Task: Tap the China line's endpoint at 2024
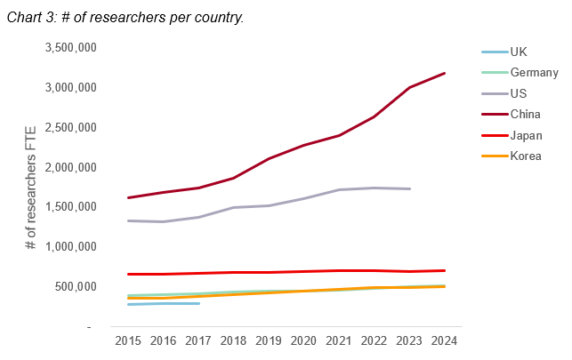444,73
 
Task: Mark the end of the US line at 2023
409,188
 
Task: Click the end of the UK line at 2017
198,303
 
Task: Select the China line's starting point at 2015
130,197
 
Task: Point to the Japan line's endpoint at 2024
444,270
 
